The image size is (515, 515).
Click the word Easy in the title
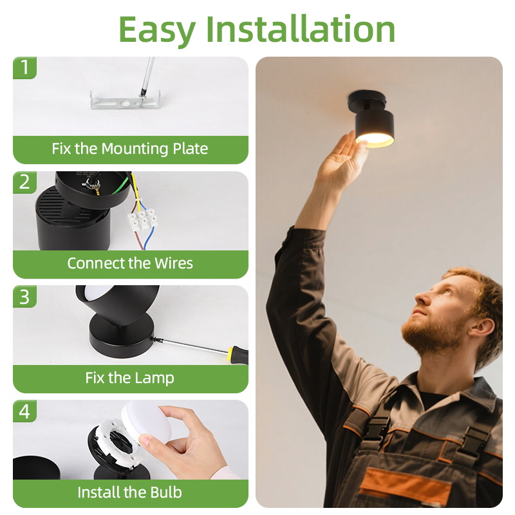click(x=157, y=30)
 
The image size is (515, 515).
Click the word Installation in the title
click(x=300, y=29)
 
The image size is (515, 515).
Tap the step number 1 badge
click(x=24, y=68)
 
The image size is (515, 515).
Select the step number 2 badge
click(x=24, y=182)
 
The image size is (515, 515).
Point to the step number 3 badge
click(x=24, y=297)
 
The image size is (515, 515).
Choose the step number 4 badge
click(x=24, y=411)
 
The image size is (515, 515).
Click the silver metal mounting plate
click(x=125, y=100)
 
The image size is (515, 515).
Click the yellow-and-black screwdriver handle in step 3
click(x=239, y=355)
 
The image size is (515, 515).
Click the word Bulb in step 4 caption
click(x=166, y=492)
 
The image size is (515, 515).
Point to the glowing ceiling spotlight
click(x=372, y=118)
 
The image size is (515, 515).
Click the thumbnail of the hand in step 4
click(x=145, y=440)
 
